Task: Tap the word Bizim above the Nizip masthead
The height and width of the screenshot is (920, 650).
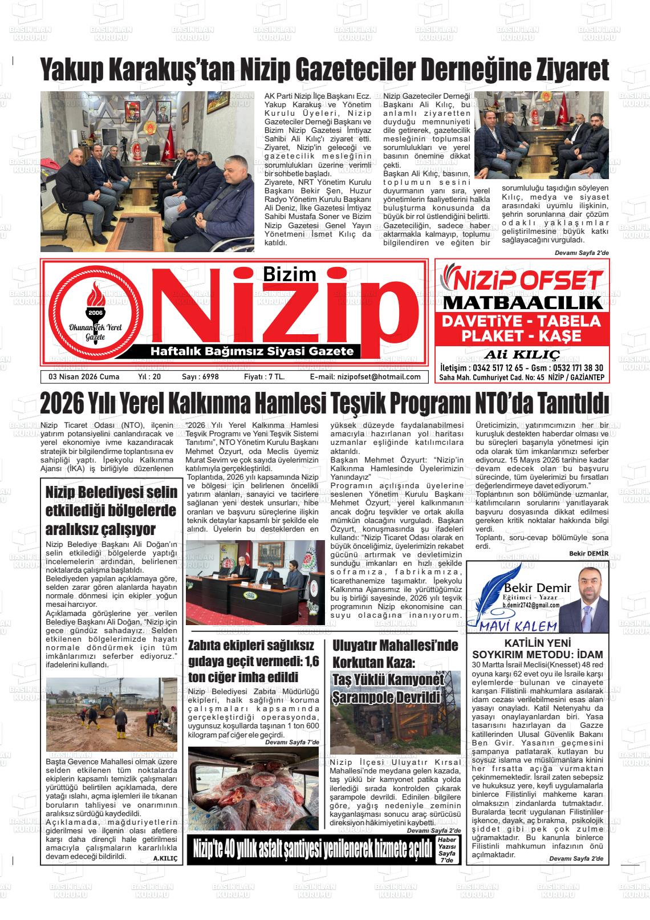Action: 289,274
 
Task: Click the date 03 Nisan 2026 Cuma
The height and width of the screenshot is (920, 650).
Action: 84,376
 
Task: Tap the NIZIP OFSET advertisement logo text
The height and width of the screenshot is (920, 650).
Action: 522,279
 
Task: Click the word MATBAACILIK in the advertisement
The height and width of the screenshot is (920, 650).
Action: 522,302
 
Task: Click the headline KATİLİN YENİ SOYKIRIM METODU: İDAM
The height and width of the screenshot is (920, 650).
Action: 537,648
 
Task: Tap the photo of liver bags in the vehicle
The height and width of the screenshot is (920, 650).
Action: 253,788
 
